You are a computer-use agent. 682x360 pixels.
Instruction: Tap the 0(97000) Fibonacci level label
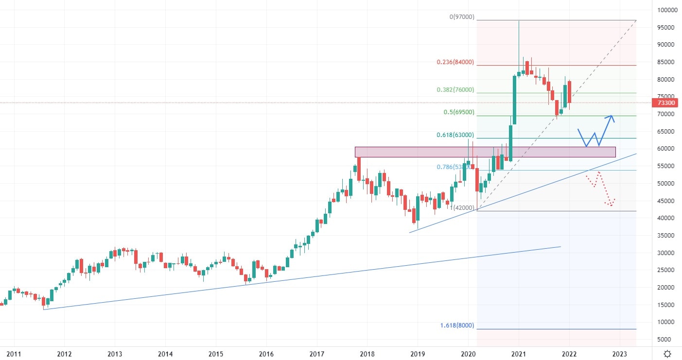point(462,17)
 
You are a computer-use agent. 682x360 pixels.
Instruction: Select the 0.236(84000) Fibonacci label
point(455,62)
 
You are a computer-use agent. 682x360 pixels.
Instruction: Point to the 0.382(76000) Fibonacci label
point(455,90)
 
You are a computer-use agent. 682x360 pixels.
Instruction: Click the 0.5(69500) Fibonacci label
point(458,112)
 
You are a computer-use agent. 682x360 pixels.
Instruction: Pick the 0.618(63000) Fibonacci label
point(455,135)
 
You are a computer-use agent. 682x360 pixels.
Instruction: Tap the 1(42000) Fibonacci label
point(462,207)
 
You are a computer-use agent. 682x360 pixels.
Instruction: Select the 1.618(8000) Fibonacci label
point(456,326)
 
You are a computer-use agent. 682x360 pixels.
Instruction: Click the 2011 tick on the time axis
point(14,354)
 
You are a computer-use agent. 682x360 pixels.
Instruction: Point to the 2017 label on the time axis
point(317,354)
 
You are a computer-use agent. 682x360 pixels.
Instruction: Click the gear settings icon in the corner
point(668,354)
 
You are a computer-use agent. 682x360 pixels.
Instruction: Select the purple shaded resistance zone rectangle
point(485,152)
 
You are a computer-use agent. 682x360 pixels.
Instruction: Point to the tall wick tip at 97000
point(519,21)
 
